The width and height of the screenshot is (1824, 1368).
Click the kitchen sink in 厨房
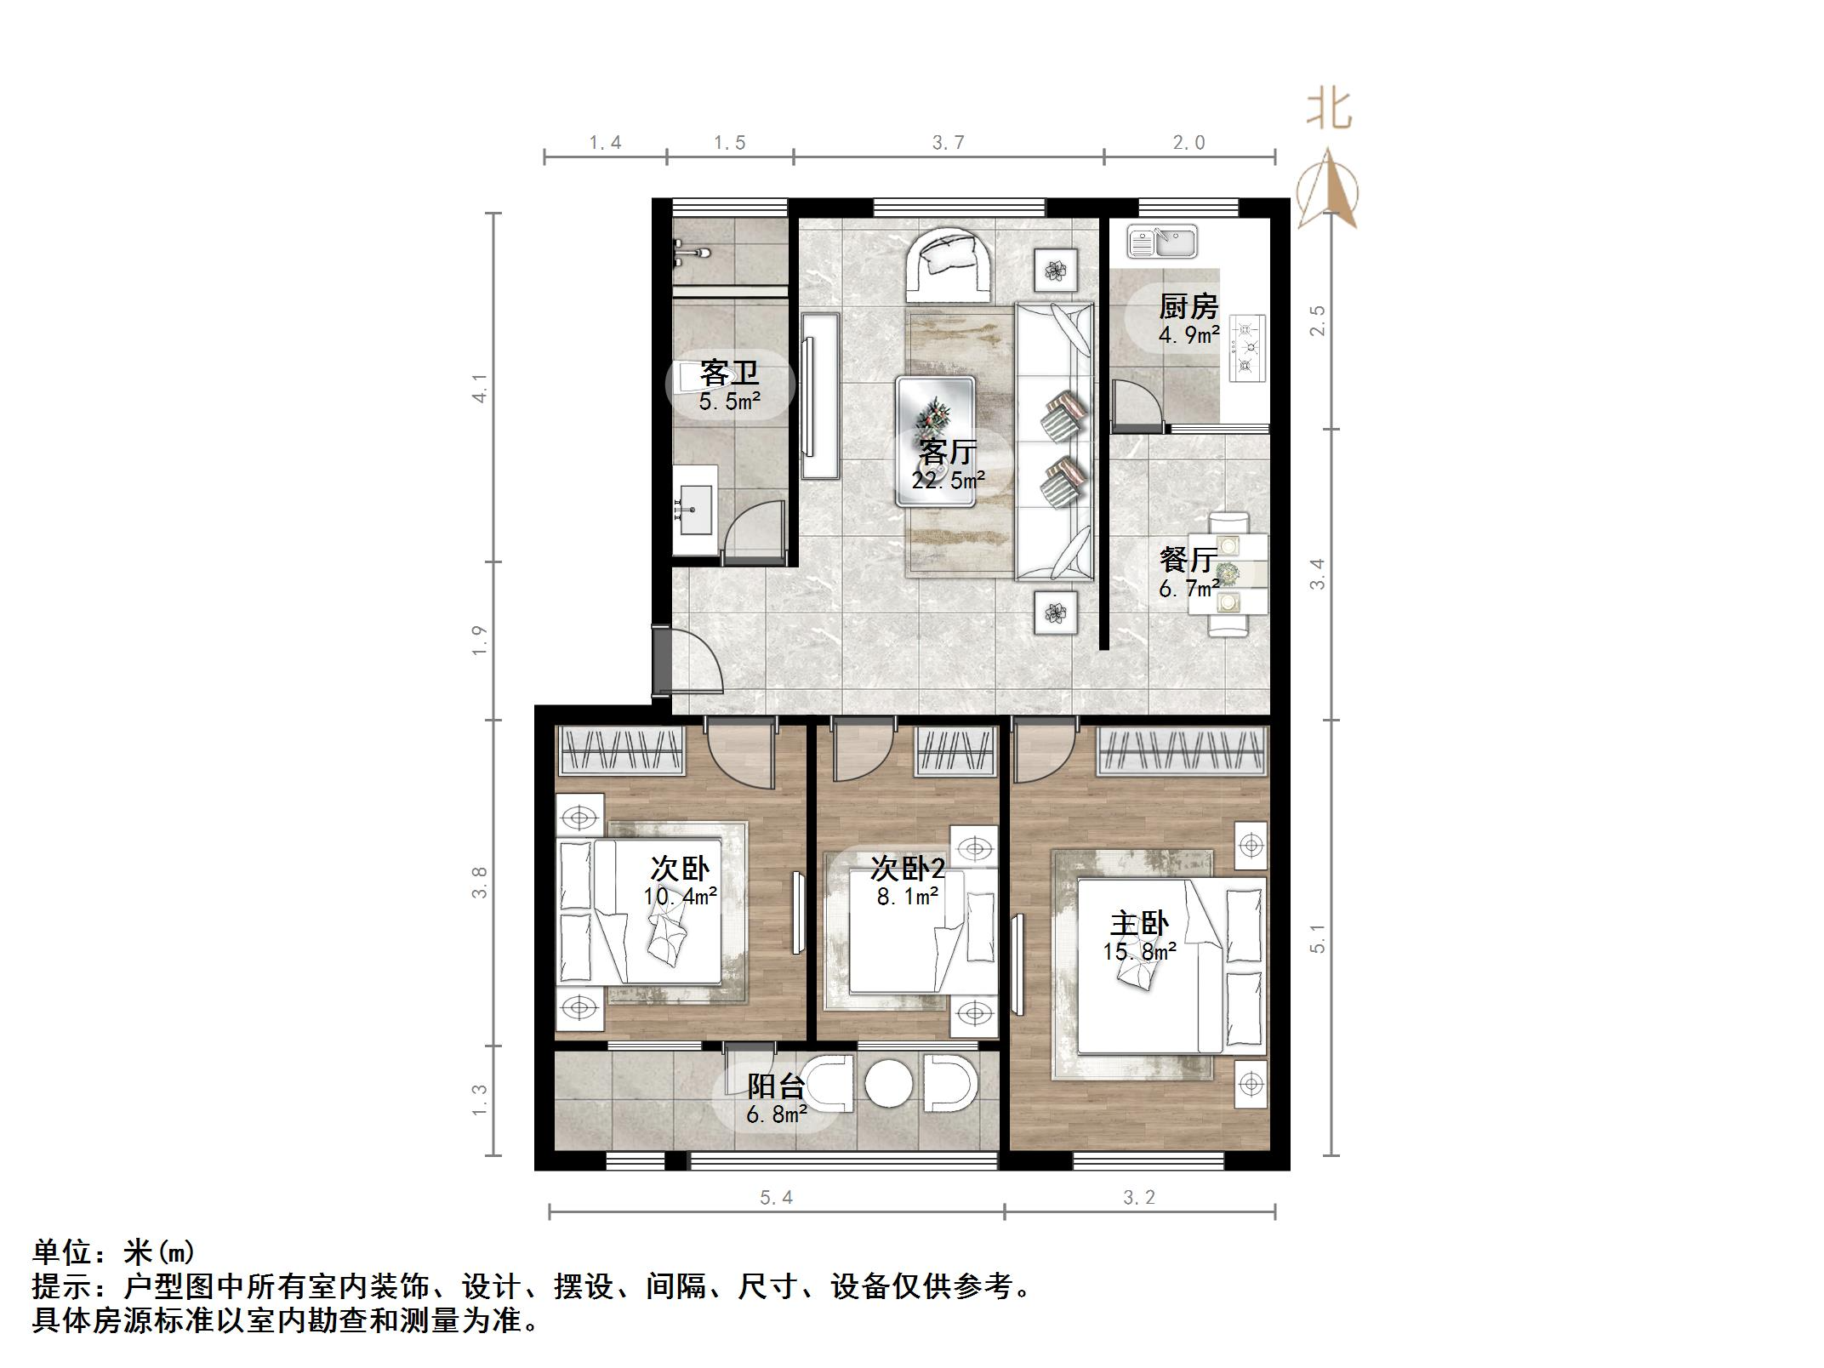(x=1161, y=242)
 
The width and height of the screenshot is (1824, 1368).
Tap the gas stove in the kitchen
(x=1246, y=347)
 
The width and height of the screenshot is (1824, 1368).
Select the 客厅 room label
(x=947, y=451)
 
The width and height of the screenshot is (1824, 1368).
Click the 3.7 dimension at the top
(x=948, y=143)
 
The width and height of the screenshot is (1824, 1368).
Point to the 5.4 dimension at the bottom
(x=776, y=1198)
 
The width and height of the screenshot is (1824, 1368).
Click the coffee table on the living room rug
(x=935, y=441)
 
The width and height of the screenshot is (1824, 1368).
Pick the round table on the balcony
(x=888, y=1084)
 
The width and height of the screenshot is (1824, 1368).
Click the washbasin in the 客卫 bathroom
(x=696, y=509)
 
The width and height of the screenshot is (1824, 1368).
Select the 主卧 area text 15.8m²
(x=1139, y=952)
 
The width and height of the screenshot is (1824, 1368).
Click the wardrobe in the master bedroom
(x=1177, y=751)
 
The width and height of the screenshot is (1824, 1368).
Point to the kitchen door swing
(x=1137, y=407)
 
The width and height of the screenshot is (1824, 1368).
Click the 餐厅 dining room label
(x=1188, y=560)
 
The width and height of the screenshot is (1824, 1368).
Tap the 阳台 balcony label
(x=776, y=1086)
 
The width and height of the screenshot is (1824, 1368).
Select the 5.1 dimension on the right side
(x=1318, y=938)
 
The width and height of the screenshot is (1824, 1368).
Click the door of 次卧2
(x=863, y=750)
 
